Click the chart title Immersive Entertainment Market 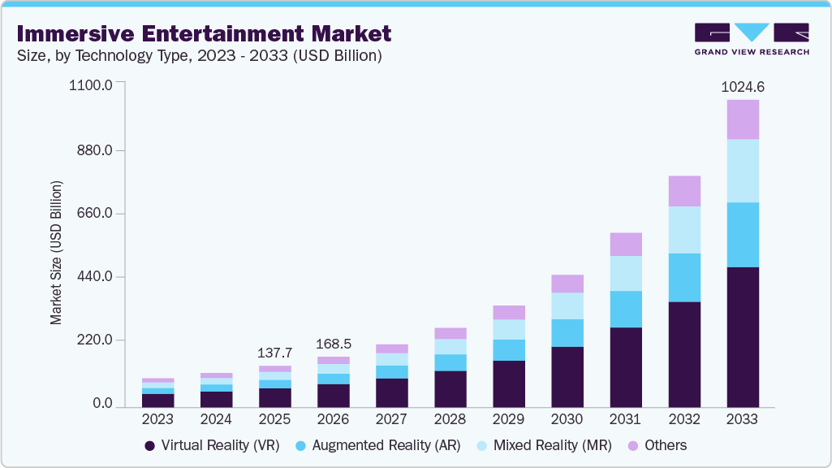tap(203, 33)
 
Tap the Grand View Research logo tap(751, 39)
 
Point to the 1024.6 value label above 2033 tap(743, 87)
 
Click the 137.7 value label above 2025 tap(274, 353)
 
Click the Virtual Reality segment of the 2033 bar tap(743, 336)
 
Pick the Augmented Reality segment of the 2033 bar tap(743, 235)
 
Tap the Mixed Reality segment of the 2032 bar tap(684, 230)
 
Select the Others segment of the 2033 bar tap(743, 119)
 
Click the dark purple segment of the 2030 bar tap(567, 376)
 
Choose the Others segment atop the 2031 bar tap(626, 244)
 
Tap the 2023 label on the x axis tap(157, 420)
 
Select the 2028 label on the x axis tap(450, 420)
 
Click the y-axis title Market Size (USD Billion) tap(56, 252)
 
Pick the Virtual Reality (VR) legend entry tap(212, 445)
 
